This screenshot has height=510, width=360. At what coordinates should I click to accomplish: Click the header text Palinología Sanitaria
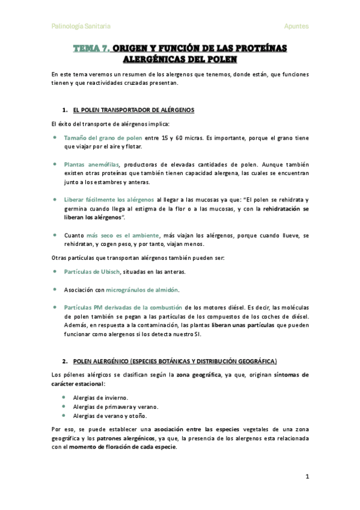(81, 26)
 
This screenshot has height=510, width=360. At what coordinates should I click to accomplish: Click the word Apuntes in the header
(296, 26)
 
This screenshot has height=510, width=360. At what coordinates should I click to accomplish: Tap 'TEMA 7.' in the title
(91, 48)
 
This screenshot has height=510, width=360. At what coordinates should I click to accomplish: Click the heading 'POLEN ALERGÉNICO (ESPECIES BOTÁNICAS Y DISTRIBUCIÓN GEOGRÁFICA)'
(175, 361)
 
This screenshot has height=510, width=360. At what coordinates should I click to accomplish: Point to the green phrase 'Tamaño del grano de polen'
(103, 138)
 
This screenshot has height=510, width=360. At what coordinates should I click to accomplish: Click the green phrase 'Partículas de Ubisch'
(92, 272)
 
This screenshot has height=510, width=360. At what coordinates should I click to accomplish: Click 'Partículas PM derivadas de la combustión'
(123, 307)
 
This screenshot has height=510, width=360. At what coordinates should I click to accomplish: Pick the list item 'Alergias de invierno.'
(100, 398)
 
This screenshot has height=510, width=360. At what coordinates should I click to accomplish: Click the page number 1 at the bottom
(307, 476)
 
